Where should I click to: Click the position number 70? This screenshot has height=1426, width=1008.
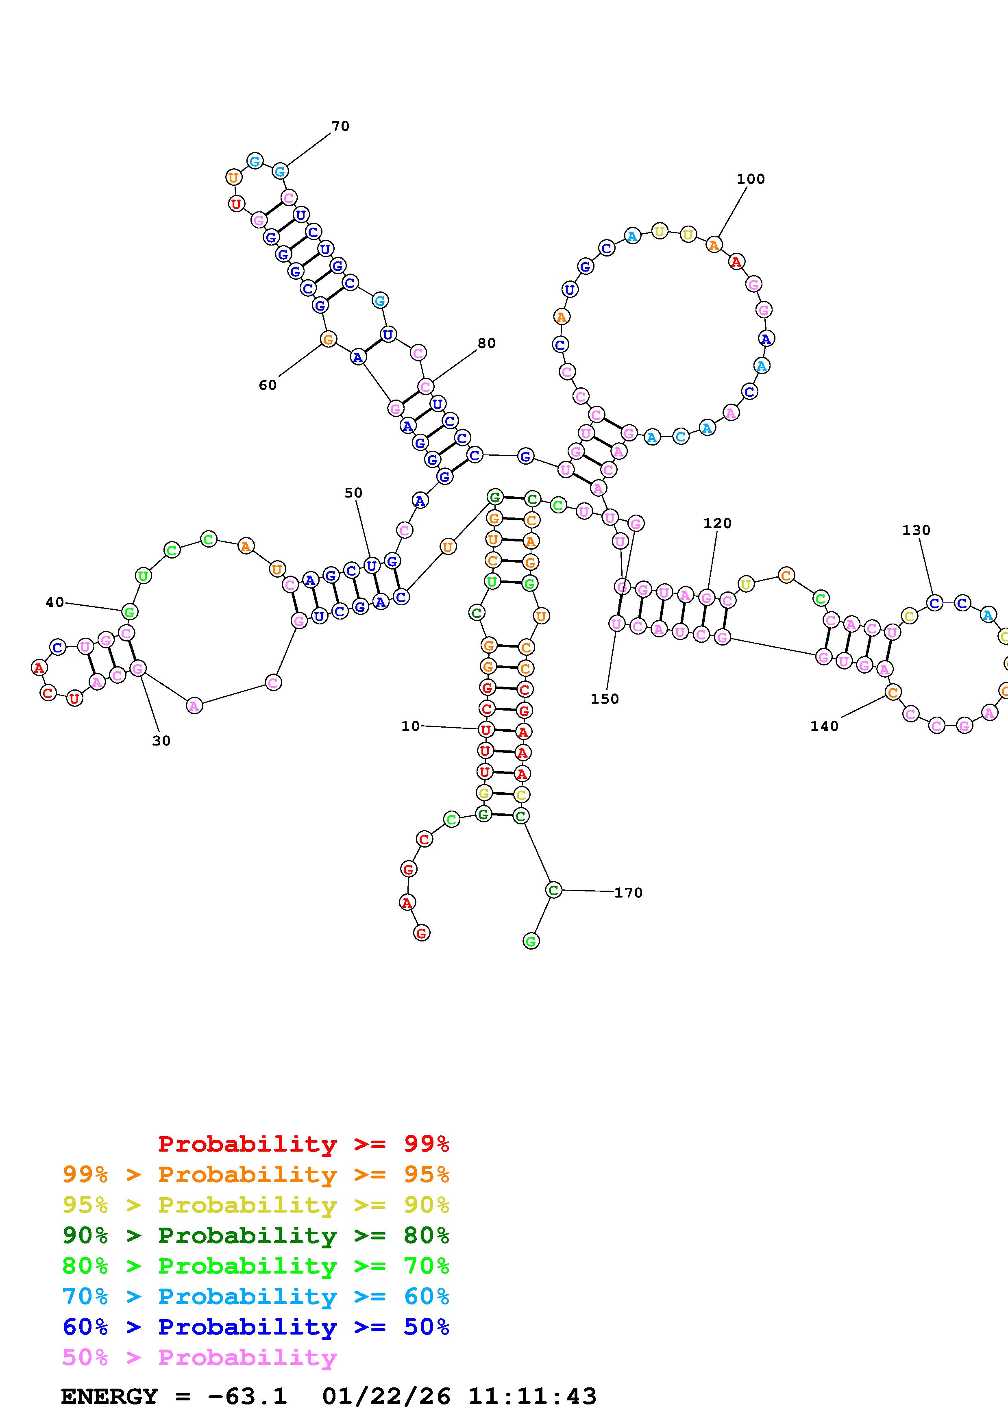click(x=340, y=126)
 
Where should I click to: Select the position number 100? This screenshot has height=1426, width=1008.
click(x=750, y=179)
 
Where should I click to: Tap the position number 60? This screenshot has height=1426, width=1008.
click(x=268, y=385)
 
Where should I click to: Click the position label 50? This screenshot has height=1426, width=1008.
click(x=353, y=493)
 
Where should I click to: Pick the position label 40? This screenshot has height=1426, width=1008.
click(x=54, y=602)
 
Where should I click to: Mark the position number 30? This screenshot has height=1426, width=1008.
click(x=161, y=740)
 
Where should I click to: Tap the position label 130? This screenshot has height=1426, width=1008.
click(x=916, y=530)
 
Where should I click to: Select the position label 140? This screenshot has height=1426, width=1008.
click(x=824, y=726)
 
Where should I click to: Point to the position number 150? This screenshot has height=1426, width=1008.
click(x=604, y=699)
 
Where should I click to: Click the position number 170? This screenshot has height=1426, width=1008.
click(x=628, y=893)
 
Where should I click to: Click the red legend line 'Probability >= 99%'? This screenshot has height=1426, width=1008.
click(x=303, y=1143)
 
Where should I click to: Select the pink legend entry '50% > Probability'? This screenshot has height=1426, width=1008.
click(x=199, y=1357)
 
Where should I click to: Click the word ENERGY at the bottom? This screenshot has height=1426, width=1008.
click(x=109, y=1396)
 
